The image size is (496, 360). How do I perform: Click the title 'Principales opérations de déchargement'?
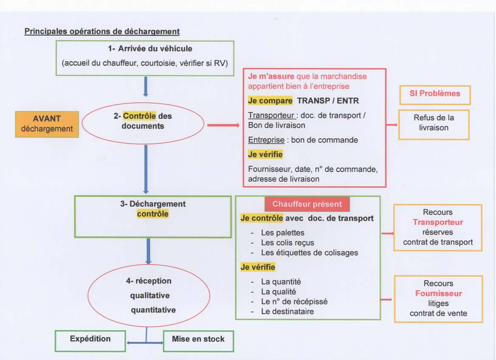click(102, 31)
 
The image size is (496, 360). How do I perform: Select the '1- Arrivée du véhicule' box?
click(145, 58)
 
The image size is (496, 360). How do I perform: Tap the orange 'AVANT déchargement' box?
click(47, 124)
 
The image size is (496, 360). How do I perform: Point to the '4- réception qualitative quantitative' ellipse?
click(149, 295)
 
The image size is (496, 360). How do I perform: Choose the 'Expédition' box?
click(90, 339)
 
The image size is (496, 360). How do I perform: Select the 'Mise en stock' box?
click(198, 340)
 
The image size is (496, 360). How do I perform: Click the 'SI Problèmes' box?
click(434, 94)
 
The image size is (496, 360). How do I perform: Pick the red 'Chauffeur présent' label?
click(307, 204)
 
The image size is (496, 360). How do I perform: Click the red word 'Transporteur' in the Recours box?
click(438, 222)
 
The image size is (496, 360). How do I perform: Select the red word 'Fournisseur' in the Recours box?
click(438, 294)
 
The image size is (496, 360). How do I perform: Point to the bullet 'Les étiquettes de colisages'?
click(310, 253)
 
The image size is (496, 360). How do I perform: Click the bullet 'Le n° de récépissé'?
click(294, 302)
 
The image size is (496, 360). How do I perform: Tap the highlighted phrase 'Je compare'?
click(270, 101)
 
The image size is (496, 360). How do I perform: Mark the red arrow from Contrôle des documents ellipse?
click(223, 125)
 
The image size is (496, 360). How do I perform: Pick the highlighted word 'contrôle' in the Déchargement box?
click(152, 214)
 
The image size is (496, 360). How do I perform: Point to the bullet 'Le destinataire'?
click(287, 312)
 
